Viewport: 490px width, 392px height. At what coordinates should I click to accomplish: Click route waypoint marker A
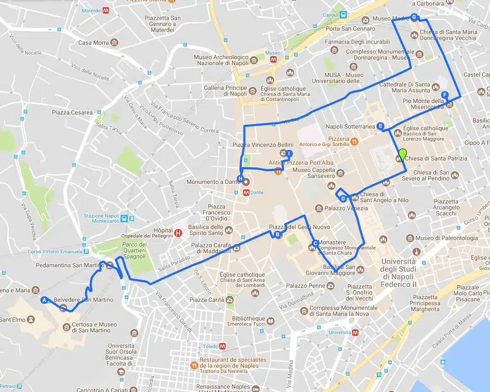click(x=45, y=300)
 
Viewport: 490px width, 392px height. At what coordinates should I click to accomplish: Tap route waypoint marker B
click(x=278, y=234)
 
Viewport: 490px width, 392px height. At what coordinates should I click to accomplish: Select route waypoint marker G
click(x=414, y=17)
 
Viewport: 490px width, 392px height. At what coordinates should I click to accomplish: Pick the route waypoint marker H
click(x=241, y=179)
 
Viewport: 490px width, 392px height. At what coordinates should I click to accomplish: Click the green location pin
click(x=402, y=154)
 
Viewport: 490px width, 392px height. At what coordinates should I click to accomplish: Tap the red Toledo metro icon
click(x=222, y=346)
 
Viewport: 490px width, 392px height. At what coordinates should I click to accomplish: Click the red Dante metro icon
click(x=246, y=192)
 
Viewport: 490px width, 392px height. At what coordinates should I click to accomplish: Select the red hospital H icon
click(x=178, y=233)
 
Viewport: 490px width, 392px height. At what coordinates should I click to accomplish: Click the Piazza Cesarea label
click(x=72, y=112)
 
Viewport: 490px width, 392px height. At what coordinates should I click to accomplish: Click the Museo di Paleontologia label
click(x=446, y=238)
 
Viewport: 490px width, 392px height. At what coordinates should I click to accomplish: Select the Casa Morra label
click(x=94, y=43)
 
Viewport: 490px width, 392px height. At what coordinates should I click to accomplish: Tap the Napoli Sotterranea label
click(x=350, y=126)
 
